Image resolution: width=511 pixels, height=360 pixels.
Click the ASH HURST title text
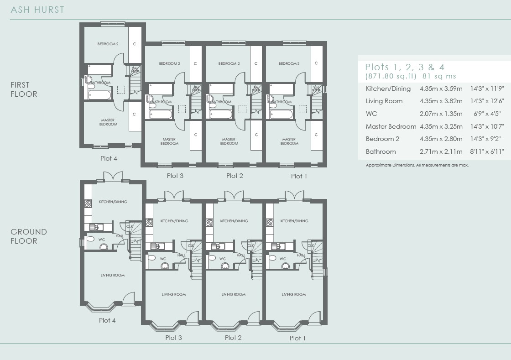(37, 10)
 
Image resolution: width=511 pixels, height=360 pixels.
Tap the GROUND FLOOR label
(29, 236)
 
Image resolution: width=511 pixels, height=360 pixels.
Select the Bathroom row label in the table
(381, 151)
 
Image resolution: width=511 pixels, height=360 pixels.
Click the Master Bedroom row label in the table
(391, 126)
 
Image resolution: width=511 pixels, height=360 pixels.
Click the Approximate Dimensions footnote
(417, 165)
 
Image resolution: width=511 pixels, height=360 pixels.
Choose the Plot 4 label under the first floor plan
(109, 158)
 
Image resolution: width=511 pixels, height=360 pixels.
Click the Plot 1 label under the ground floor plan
(297, 338)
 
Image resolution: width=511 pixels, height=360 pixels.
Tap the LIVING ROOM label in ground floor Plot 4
(112, 275)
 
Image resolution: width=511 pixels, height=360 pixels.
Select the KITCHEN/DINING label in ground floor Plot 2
(234, 221)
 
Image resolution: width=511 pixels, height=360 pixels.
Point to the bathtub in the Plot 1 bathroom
(281, 114)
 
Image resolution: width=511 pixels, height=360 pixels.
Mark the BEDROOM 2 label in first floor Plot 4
(108, 44)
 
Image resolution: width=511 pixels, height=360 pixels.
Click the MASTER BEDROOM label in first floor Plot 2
(229, 141)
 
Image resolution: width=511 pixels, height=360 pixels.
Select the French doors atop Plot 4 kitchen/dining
(113, 177)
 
